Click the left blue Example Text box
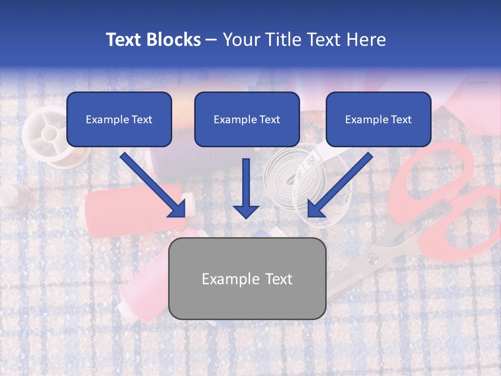point(119,119)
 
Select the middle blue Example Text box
point(247,119)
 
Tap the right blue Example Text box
point(378,119)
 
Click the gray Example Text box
point(247,278)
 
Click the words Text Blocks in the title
point(153,40)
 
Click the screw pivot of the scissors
point(372,258)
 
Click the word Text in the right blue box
point(400,120)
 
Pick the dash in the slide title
point(211,40)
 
